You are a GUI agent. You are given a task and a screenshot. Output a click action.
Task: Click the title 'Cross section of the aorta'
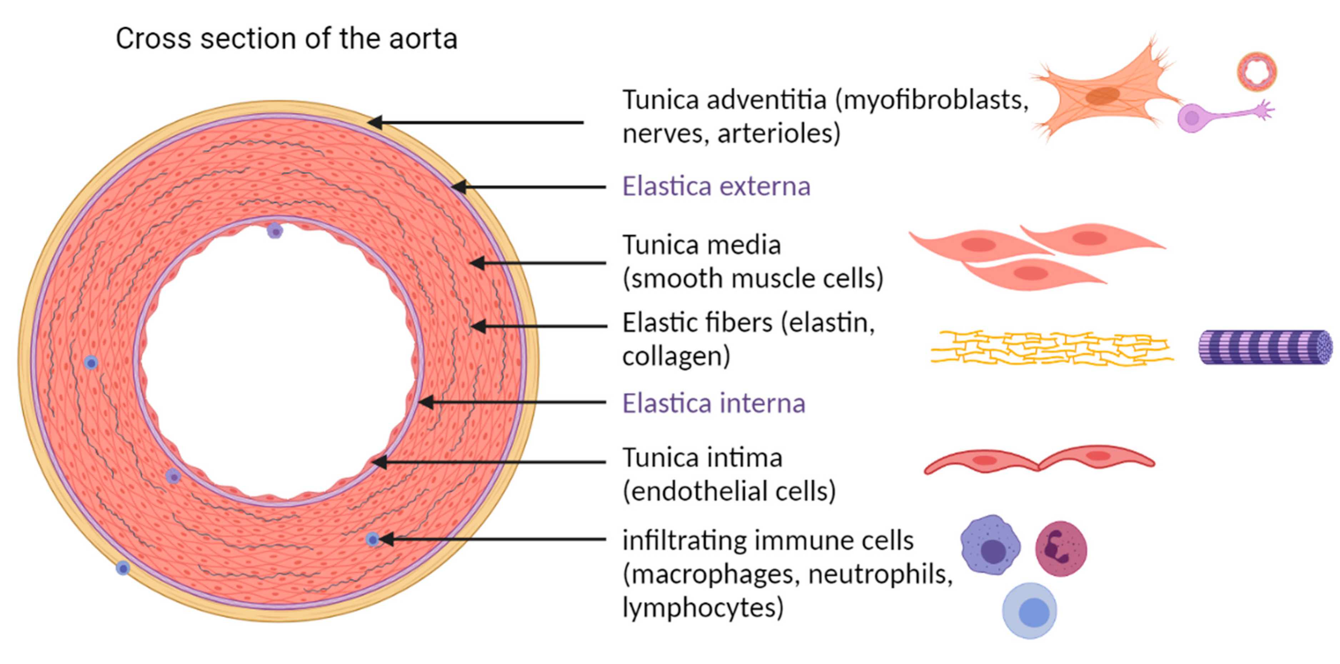286,39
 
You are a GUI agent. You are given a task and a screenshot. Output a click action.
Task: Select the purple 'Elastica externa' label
716,186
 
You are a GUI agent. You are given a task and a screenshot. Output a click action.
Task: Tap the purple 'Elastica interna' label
714,403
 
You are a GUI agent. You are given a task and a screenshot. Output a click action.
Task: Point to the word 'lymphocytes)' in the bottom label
703,608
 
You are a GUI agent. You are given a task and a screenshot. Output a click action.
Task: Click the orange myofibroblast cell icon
1103,96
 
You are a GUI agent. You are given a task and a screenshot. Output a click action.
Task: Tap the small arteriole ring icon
1257,71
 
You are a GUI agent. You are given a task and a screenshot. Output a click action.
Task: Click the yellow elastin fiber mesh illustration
1051,348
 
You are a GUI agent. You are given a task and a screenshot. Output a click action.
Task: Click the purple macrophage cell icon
990,546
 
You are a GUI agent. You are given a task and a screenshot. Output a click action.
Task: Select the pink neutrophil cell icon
1061,549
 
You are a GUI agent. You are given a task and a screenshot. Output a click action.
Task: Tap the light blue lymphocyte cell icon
1029,611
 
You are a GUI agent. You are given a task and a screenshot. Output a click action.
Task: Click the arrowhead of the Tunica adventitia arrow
373,122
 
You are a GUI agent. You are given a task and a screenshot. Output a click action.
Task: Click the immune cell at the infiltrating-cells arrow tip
372,539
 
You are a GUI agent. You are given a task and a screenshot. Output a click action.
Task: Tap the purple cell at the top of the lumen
275,230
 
